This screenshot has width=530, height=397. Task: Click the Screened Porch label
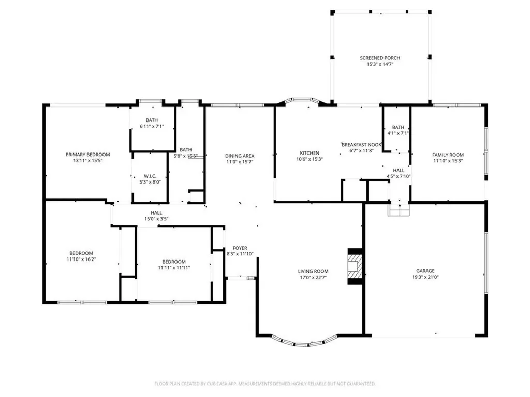point(380,58)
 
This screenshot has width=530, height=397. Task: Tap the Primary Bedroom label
point(88,155)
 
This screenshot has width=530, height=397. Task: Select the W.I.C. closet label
point(150,176)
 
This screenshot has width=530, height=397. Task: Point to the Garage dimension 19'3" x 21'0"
point(425,277)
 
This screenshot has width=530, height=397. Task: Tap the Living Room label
point(313,271)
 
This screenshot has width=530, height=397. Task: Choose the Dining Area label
point(240,156)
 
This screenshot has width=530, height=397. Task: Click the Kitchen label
point(310,153)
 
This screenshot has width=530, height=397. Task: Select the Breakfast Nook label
point(361,145)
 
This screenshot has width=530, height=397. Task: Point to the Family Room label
point(448,155)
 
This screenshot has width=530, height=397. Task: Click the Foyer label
point(240,248)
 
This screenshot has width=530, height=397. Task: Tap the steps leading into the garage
point(399,209)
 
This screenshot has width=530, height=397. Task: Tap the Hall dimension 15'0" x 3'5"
point(156,219)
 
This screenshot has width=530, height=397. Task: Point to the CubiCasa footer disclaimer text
point(265,384)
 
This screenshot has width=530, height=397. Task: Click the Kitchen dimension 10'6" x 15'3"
point(310,159)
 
